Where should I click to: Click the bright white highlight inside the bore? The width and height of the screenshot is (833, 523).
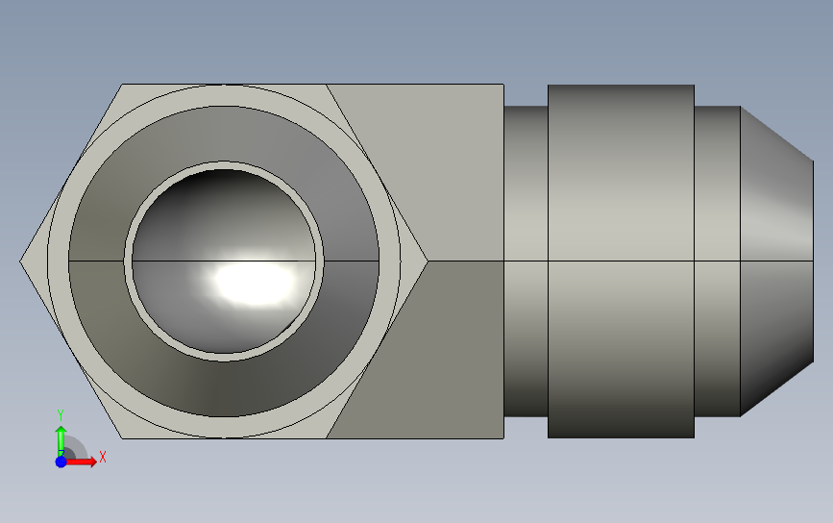pos(254,278)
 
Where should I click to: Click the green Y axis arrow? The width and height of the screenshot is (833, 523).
pos(61,440)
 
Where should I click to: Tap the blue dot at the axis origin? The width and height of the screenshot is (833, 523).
pos(61,461)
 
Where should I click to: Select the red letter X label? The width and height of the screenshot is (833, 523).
pos(103,457)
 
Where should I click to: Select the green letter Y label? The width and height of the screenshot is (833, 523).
pos(60,414)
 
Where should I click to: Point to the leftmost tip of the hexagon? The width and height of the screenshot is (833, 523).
pos(20,261)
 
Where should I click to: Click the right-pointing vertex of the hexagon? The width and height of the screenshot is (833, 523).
pos(428,261)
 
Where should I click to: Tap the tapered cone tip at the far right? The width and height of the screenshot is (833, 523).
pos(776,261)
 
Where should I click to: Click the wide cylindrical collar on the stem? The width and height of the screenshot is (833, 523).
pos(621,261)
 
